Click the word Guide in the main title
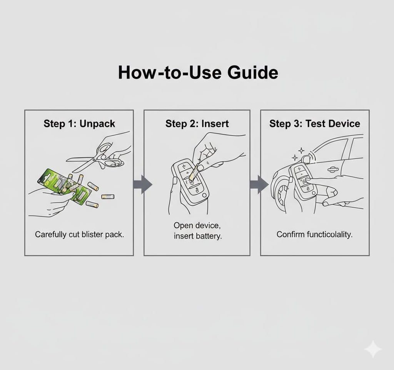click(x=252, y=73)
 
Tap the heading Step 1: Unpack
click(x=79, y=123)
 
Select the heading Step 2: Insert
click(x=197, y=123)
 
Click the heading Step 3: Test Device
click(x=315, y=123)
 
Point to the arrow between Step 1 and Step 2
click(x=143, y=184)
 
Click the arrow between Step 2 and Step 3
click(x=259, y=184)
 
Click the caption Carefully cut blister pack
click(x=79, y=234)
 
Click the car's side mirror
click(x=306, y=159)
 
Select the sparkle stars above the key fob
click(x=298, y=155)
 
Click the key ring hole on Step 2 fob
click(x=204, y=195)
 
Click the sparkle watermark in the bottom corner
click(x=373, y=349)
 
